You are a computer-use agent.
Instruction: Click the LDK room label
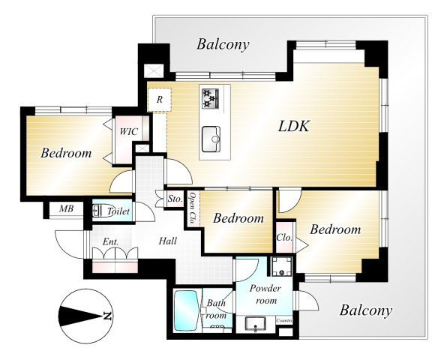tap(294, 126)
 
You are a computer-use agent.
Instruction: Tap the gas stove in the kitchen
tap(211, 98)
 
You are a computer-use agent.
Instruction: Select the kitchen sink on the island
tap(211, 139)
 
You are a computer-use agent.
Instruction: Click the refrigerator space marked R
tap(159, 100)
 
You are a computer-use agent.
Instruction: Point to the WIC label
tap(128, 132)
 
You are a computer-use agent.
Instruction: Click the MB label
tap(66, 209)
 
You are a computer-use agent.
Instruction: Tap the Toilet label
tap(118, 211)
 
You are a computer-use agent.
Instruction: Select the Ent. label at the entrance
tap(110, 242)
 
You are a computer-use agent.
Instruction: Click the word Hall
tap(168, 241)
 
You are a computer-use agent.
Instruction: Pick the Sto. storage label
tap(175, 199)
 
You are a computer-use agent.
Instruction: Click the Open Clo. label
tap(193, 209)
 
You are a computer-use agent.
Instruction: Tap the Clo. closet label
tap(284, 238)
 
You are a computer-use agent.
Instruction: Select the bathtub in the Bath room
tap(186, 310)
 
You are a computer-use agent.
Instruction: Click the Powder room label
tap(265, 294)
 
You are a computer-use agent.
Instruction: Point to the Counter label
tap(284, 321)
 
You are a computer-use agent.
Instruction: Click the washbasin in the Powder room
tap(256, 325)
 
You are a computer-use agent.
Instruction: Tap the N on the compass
tap(107, 316)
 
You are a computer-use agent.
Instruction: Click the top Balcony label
tap(223, 45)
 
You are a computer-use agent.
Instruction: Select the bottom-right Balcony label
tap(366, 310)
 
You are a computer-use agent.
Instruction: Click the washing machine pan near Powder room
tap(281, 266)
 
